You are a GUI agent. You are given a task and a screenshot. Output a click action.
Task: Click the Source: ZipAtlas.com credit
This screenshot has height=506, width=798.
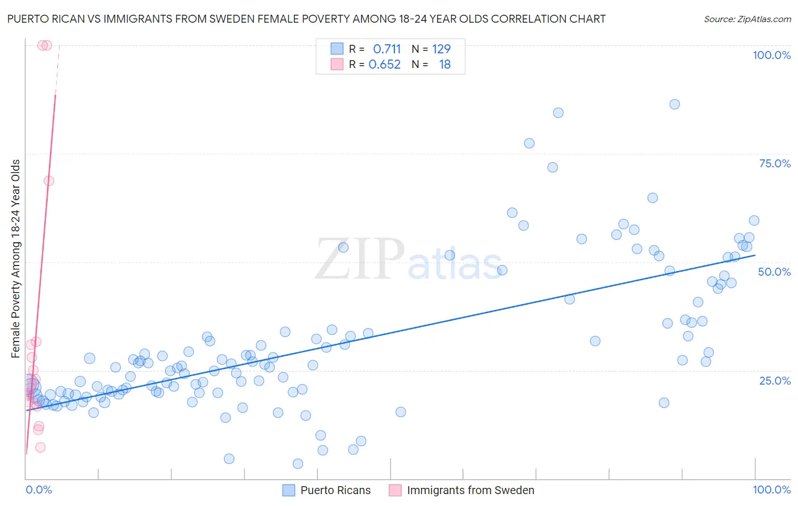[747, 19]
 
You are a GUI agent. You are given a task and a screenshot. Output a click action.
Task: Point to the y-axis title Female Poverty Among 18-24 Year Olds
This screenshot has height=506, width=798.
[16, 259]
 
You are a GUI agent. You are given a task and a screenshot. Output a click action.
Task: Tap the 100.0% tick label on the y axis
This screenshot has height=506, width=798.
[771, 55]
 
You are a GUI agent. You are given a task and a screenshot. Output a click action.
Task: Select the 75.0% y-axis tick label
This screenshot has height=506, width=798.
[775, 163]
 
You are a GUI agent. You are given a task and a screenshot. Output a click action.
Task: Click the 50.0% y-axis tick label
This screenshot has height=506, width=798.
[774, 272]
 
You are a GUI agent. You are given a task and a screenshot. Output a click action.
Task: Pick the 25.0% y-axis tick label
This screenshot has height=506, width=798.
[775, 380]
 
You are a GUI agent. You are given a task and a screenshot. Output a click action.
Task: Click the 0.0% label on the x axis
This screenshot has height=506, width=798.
[39, 490]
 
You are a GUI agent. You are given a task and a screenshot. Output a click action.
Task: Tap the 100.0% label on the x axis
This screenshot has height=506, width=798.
[771, 490]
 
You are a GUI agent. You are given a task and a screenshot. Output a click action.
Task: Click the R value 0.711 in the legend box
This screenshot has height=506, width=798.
[387, 49]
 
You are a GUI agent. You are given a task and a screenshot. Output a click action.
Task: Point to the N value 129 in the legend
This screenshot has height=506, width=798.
[441, 49]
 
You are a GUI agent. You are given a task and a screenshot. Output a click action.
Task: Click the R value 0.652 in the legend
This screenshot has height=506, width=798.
[384, 64]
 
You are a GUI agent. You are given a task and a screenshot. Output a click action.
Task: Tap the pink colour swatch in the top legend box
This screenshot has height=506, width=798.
[337, 64]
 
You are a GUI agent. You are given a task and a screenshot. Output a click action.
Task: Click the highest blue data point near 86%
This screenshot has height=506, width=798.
[674, 104]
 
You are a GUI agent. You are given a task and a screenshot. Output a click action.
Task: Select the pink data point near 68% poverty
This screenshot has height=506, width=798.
[49, 180]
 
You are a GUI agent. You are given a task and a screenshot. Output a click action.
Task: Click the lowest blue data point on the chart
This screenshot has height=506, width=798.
[298, 463]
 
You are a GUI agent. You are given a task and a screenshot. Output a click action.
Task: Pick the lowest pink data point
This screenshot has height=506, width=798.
[40, 447]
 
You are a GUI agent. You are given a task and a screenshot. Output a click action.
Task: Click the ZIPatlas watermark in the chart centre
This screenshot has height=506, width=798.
[409, 260]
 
